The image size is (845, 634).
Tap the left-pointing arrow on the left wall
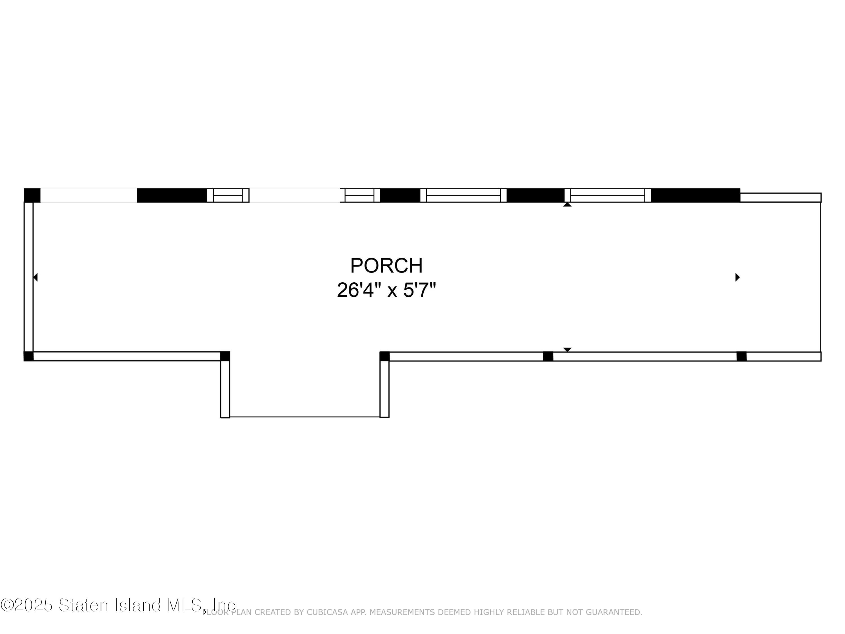(x=35, y=277)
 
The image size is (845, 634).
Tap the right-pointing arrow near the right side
(x=738, y=277)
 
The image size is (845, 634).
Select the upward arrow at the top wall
(x=567, y=205)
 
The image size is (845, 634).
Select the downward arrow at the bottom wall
(x=567, y=350)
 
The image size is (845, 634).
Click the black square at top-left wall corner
(x=32, y=195)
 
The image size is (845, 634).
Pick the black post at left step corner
(x=225, y=356)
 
